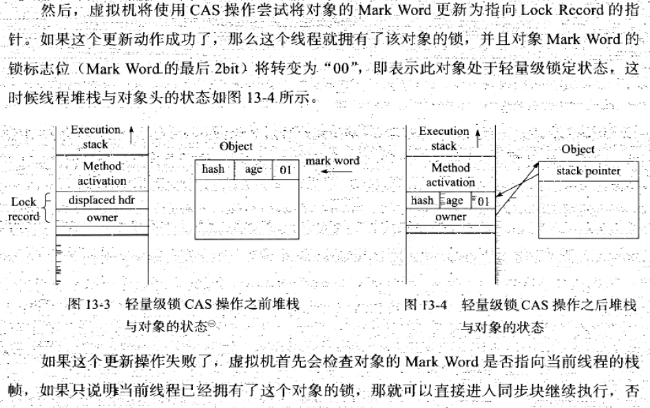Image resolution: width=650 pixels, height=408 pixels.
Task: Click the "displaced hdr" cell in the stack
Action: pos(102,200)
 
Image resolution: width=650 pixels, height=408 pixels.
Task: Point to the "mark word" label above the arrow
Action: pos(333,161)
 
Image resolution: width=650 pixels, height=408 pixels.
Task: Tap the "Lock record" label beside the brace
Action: pos(24,209)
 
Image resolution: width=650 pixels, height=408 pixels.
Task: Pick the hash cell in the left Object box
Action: pos(213,170)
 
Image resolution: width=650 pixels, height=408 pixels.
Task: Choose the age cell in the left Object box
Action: pos(253,170)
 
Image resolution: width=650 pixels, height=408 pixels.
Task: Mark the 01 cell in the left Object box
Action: pos(286,170)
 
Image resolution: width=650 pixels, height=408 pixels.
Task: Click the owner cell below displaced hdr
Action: pos(102,218)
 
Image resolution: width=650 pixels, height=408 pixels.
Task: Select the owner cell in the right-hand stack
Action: pos(450,217)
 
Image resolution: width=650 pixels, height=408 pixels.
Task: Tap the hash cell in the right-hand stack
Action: pos(422,201)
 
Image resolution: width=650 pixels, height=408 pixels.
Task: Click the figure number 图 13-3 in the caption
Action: pos(90,304)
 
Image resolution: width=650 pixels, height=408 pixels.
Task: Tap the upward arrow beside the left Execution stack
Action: pos(132,130)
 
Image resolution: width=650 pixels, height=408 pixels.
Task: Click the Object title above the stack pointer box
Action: pos(578,150)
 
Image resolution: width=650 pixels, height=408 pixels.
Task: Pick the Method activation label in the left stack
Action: pos(102,173)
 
